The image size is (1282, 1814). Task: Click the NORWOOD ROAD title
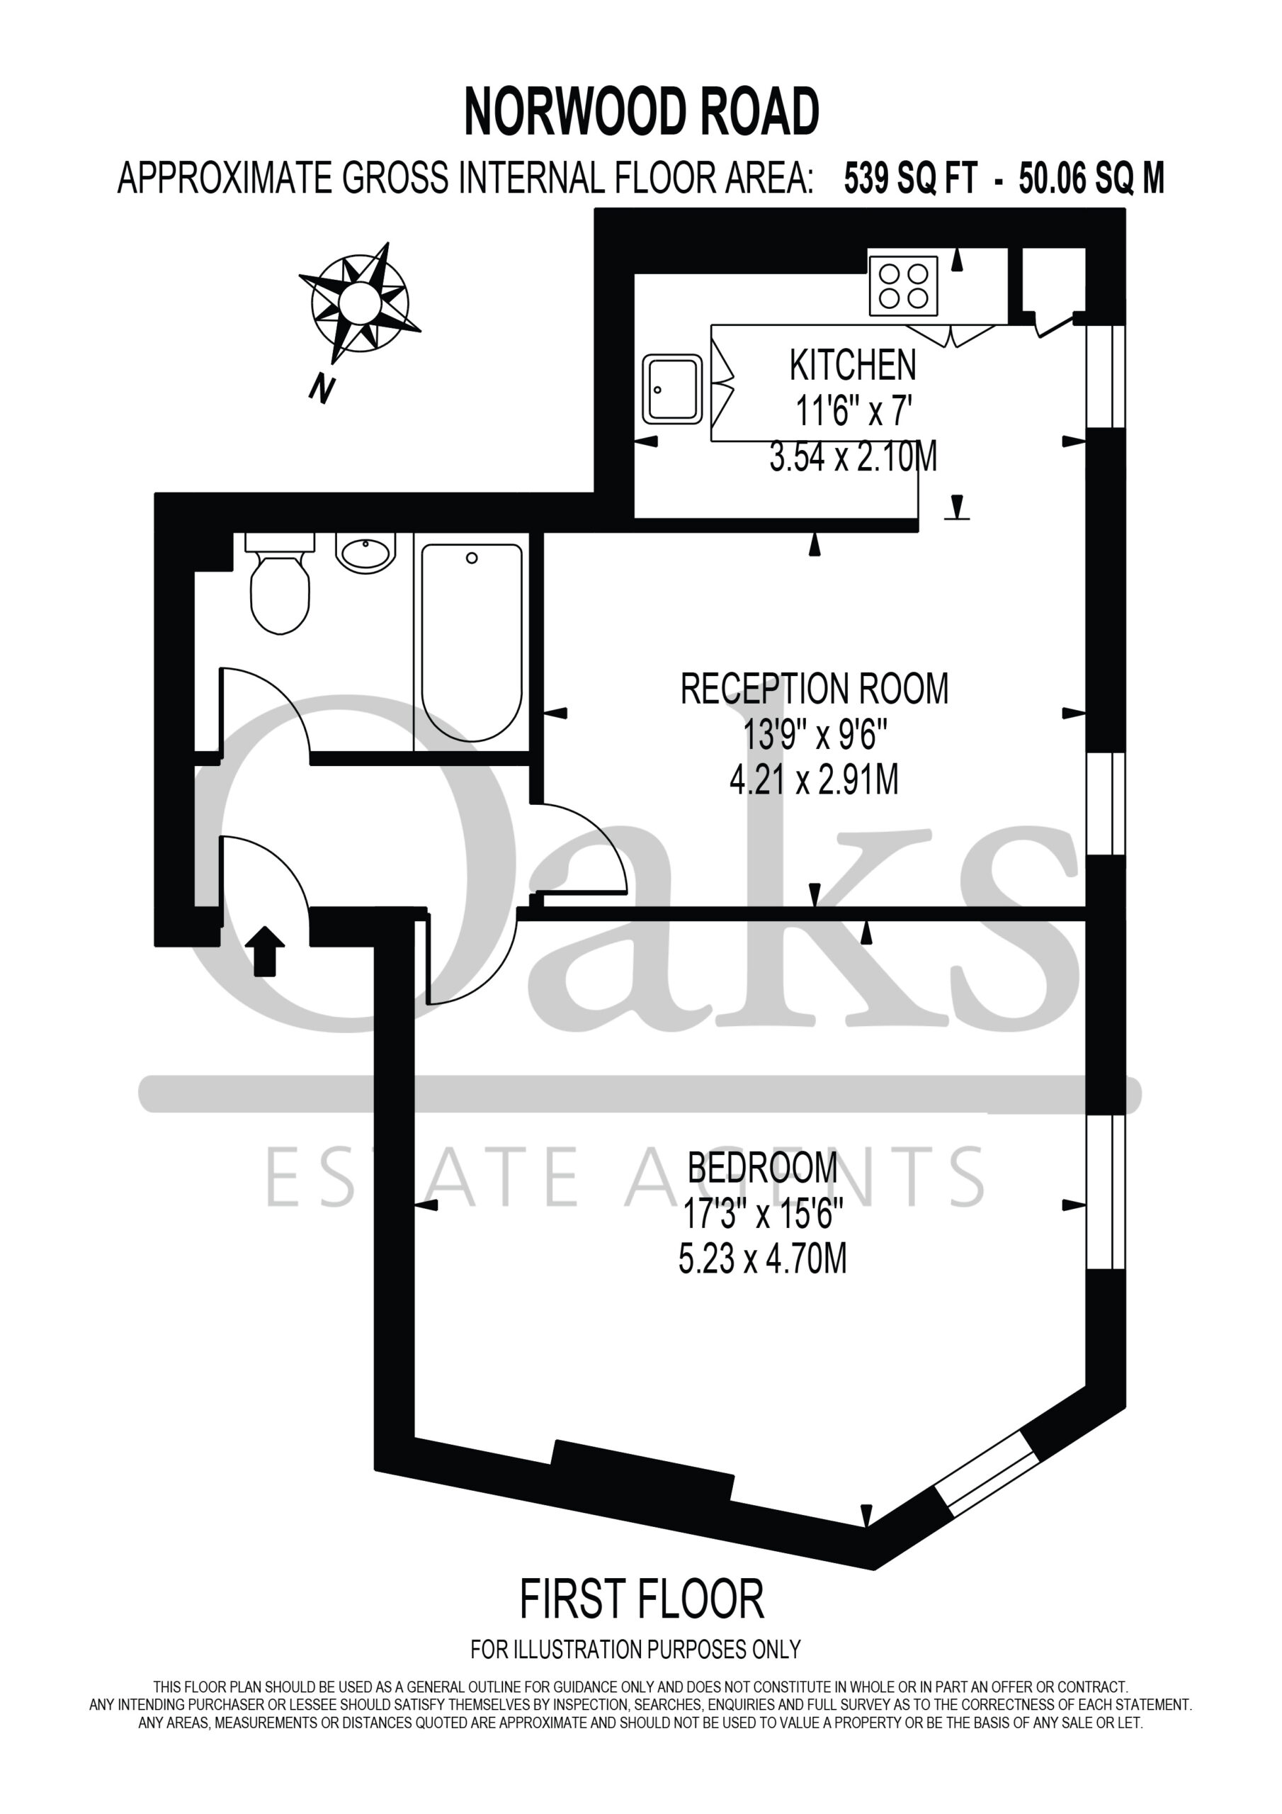(x=642, y=112)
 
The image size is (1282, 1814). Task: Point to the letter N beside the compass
(x=321, y=389)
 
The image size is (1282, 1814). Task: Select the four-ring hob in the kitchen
(x=903, y=286)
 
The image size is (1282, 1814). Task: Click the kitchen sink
(x=672, y=389)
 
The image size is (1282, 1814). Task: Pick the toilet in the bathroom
(x=280, y=583)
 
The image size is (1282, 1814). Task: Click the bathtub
(x=472, y=641)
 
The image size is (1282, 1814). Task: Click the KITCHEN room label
(x=853, y=365)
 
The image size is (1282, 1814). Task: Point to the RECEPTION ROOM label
(x=815, y=689)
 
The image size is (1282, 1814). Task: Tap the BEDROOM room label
(x=762, y=1168)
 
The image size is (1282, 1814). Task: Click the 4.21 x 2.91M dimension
(x=815, y=781)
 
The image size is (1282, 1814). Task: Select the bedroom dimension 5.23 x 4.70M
(x=762, y=1259)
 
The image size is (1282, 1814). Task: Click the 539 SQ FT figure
(x=911, y=179)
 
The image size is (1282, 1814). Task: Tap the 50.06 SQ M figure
(x=1091, y=179)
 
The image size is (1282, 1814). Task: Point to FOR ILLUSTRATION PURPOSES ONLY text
(x=636, y=1650)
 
